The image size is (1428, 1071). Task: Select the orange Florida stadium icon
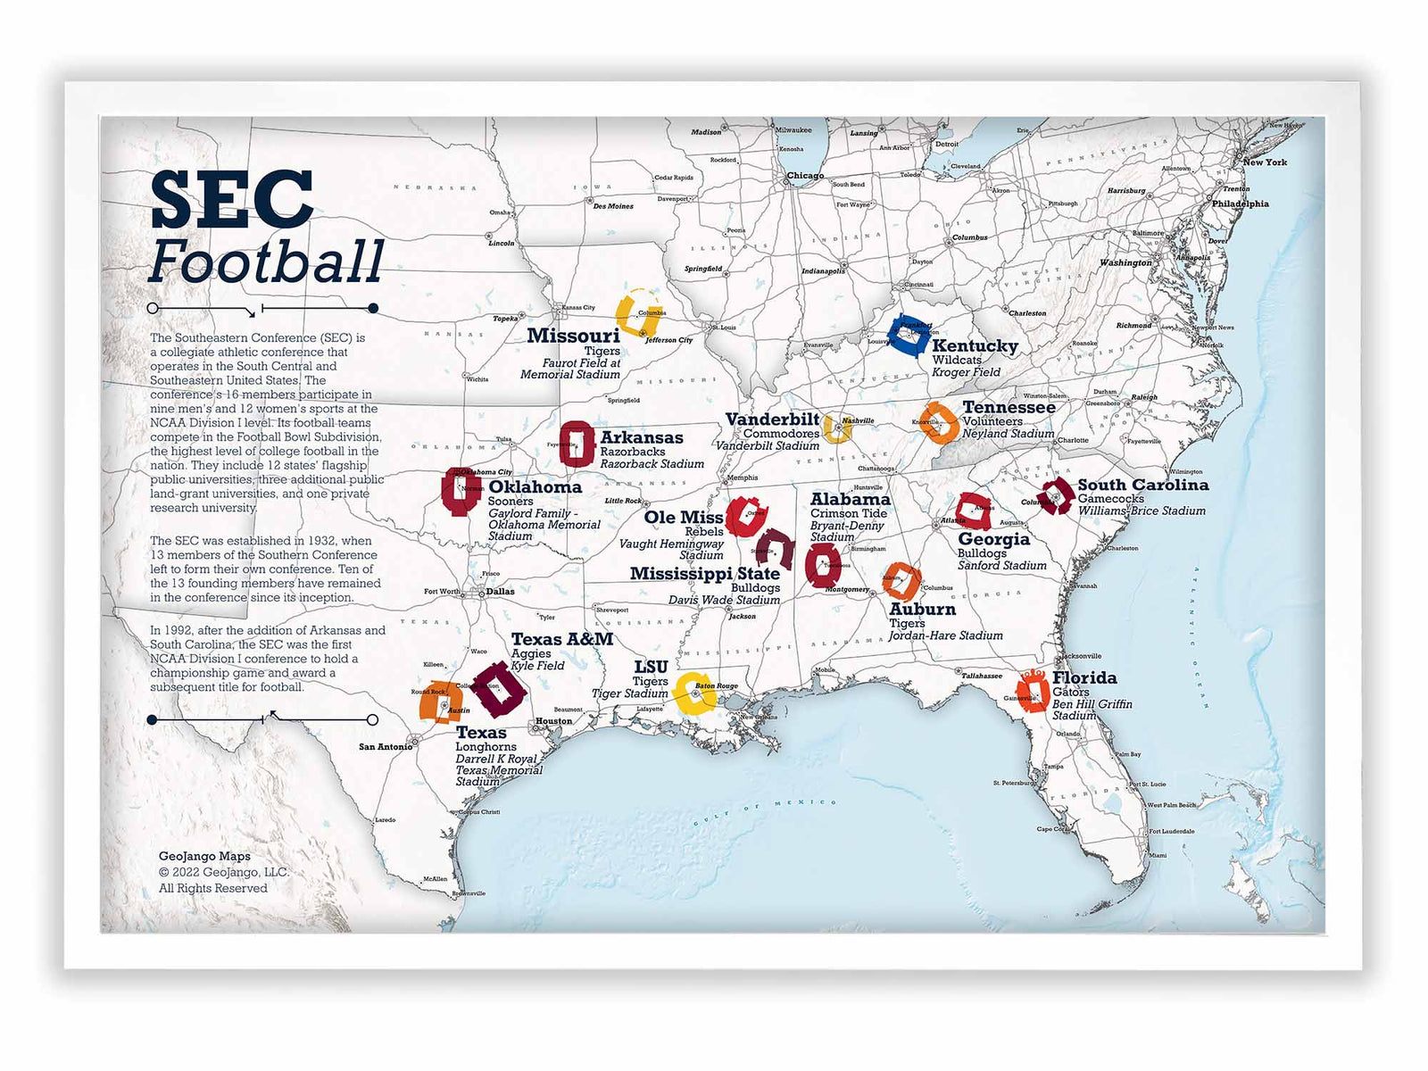(1034, 691)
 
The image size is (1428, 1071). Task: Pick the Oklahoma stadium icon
(461, 491)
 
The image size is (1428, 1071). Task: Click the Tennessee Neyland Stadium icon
(939, 423)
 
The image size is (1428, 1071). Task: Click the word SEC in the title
(232, 200)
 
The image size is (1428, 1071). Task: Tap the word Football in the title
(266, 262)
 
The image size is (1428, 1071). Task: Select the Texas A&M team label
(562, 639)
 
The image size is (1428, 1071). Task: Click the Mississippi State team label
(705, 573)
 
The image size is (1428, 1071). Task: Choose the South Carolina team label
(1142, 485)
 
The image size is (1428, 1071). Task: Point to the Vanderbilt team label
(772, 419)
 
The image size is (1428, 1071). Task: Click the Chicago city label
(805, 176)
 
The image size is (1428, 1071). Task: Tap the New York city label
(1265, 162)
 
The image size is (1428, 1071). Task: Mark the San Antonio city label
(386, 747)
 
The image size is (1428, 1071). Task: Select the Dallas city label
(501, 591)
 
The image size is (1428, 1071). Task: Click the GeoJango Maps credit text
(204, 857)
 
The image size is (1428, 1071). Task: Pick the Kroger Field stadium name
(966, 372)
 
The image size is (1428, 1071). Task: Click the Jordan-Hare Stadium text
(945, 635)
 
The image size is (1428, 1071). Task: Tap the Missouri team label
(573, 336)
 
